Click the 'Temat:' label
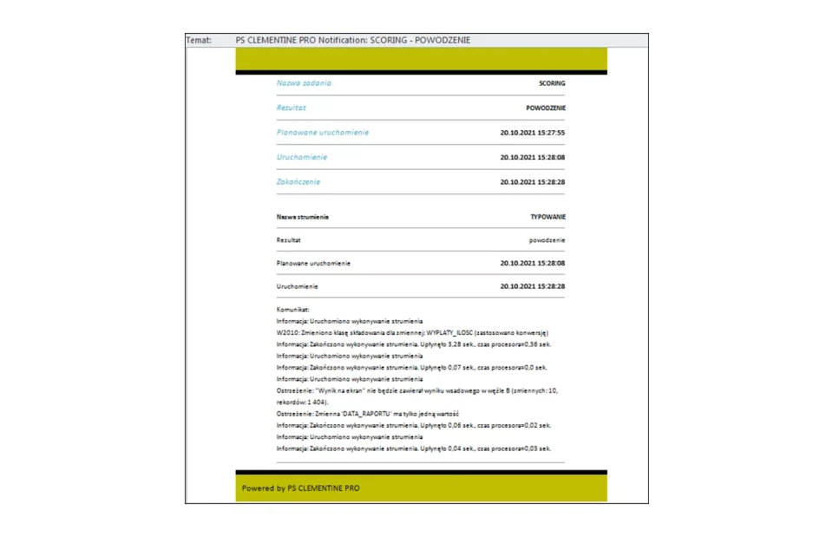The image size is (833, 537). click(x=199, y=40)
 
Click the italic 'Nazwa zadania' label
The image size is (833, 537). click(x=304, y=83)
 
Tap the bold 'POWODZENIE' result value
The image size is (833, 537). click(x=545, y=108)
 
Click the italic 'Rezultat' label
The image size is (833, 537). click(x=292, y=108)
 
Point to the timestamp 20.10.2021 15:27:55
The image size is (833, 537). click(x=532, y=133)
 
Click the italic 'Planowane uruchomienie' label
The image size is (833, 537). click(x=323, y=133)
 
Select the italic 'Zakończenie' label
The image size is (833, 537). click(x=298, y=182)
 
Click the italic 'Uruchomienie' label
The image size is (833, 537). click(x=302, y=158)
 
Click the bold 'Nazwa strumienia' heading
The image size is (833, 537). click(x=303, y=216)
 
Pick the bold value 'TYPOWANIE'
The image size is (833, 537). click(x=548, y=216)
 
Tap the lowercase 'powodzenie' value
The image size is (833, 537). click(x=547, y=239)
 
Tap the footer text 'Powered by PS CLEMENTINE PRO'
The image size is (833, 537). click(x=300, y=488)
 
